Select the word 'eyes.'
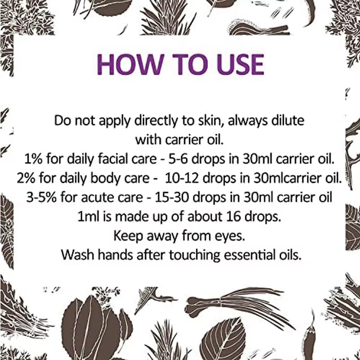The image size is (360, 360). tap(230, 236)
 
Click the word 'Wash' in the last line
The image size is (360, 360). tap(75, 255)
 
